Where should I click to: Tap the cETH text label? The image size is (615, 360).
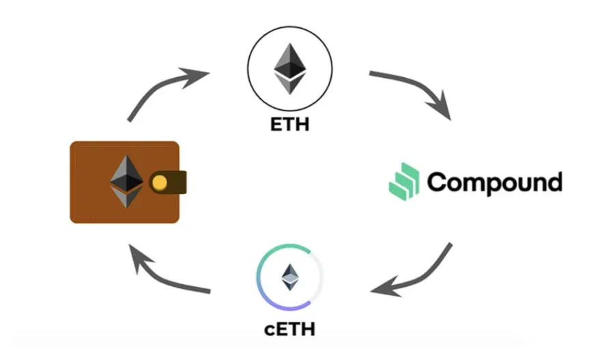(289, 329)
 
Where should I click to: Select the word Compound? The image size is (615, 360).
(494, 182)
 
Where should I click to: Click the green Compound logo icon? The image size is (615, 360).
(403, 181)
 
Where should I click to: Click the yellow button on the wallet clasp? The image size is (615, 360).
(159, 182)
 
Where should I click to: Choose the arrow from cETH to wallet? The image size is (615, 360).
(167, 273)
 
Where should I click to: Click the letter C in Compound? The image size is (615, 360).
(437, 182)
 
